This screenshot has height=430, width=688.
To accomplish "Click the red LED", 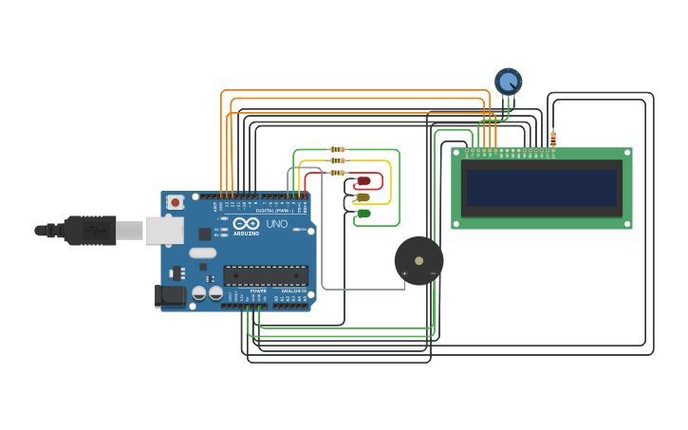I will [363, 181].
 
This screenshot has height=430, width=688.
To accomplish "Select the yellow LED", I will [363, 197].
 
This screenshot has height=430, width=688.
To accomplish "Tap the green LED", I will [363, 214].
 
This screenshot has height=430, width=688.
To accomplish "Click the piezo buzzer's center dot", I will [418, 260].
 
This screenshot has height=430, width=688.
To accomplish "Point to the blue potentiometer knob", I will [509, 82].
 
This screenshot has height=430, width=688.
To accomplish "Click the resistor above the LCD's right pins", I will [553, 140].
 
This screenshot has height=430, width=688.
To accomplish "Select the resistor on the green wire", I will [337, 150].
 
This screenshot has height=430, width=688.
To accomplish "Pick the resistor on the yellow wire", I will [337, 161].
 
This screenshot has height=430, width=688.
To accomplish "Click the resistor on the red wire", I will [337, 173].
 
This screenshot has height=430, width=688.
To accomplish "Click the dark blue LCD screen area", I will [541, 188].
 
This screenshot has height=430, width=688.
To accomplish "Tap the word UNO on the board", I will [276, 224].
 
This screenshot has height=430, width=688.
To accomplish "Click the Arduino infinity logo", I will [226, 224].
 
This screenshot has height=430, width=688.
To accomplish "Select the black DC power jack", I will [170, 296].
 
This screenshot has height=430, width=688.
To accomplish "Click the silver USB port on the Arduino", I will [164, 230].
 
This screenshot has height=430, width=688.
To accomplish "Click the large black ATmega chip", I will [266, 276].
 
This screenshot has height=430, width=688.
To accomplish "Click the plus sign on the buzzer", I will [405, 273].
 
